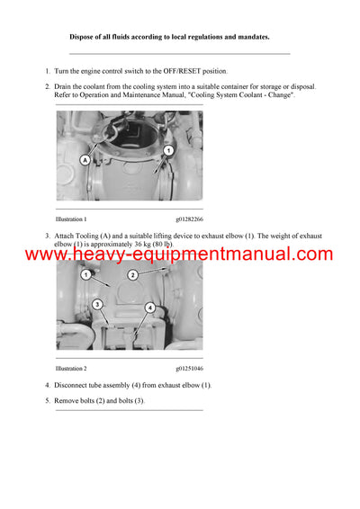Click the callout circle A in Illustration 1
pos(85,159)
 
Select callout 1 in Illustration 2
pos(85,274)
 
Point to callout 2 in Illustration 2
pos(132,274)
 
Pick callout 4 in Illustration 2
pos(151,308)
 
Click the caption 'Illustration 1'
pos(71,219)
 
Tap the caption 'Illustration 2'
pos(71,369)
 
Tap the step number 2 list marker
pos(47,86)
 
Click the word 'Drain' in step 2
pos(65,86)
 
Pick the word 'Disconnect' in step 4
pos(74,385)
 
